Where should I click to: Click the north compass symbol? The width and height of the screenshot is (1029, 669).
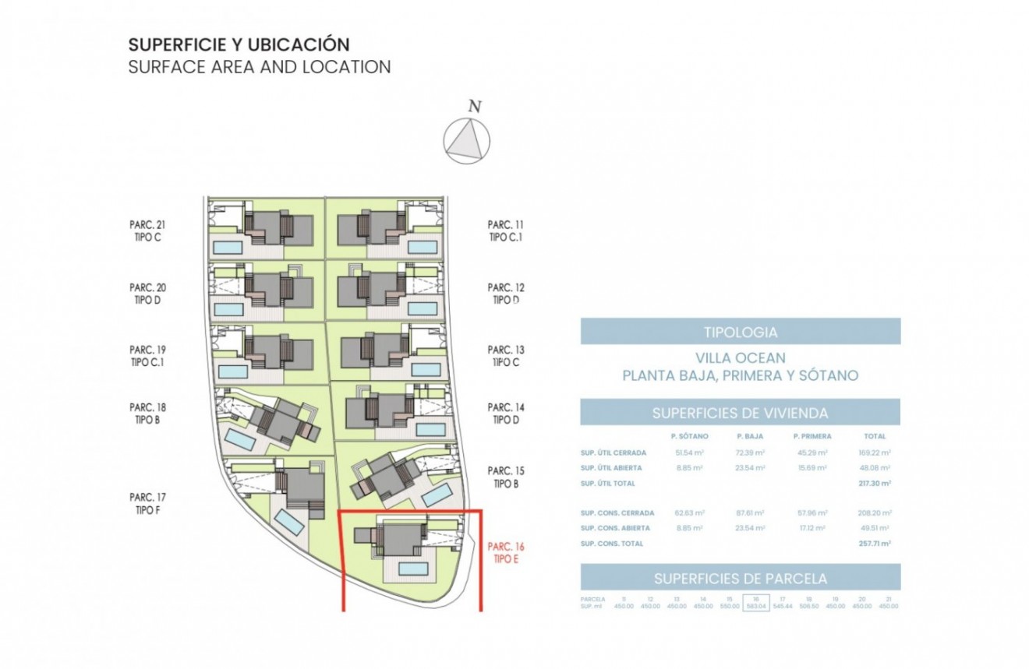[x=467, y=140]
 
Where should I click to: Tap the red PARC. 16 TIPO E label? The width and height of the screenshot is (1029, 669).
[x=506, y=553]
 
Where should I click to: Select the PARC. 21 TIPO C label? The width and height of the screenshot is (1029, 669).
[x=147, y=231]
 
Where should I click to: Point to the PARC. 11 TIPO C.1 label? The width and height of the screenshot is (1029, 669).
[x=506, y=231]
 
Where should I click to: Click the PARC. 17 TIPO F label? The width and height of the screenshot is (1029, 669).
[x=147, y=503]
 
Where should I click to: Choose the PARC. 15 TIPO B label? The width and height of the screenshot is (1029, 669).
[x=506, y=477]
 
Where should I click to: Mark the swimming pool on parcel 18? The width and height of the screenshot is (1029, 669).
[x=239, y=441]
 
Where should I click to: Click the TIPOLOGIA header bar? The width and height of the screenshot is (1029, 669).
[x=740, y=332]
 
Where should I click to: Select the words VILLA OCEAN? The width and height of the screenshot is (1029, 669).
[x=740, y=358]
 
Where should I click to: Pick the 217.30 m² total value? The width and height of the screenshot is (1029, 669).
[x=875, y=484]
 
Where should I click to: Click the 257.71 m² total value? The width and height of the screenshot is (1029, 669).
[x=875, y=544]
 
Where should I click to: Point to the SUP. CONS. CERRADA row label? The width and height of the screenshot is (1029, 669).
[x=617, y=513]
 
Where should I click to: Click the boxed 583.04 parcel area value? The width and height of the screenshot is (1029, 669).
[x=755, y=606]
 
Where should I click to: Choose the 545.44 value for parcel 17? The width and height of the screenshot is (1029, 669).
[x=782, y=606]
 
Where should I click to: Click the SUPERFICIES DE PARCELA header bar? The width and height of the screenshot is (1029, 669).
[x=740, y=578]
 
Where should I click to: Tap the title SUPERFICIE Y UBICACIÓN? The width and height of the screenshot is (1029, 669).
[x=239, y=44]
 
